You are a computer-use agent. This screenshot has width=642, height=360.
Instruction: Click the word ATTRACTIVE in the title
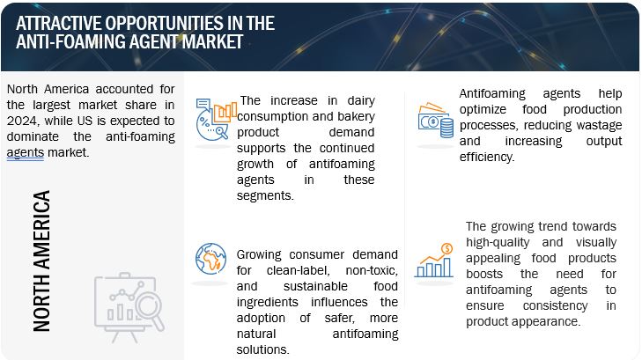(59, 23)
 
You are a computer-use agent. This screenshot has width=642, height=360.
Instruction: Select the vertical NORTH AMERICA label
(41, 261)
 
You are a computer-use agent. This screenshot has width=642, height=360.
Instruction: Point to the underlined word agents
(25, 153)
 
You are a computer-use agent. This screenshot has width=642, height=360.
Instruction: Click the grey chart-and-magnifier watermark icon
(129, 307)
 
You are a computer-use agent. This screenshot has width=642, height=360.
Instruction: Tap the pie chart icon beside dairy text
(216, 120)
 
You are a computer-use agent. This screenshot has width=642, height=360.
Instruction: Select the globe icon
(210, 259)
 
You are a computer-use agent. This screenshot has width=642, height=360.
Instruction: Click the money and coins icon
(436, 120)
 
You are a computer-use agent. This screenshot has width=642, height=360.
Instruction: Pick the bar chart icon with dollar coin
(434, 261)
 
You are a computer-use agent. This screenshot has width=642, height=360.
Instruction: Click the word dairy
(361, 100)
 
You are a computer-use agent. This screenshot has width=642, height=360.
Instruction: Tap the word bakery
(356, 116)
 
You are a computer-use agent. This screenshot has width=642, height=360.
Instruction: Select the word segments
(265, 196)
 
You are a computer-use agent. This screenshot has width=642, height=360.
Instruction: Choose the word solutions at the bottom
(262, 349)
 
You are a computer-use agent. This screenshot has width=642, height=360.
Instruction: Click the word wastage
(599, 126)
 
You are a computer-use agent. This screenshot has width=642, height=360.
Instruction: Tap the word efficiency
(487, 157)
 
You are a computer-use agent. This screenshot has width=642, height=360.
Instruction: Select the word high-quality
(498, 243)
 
